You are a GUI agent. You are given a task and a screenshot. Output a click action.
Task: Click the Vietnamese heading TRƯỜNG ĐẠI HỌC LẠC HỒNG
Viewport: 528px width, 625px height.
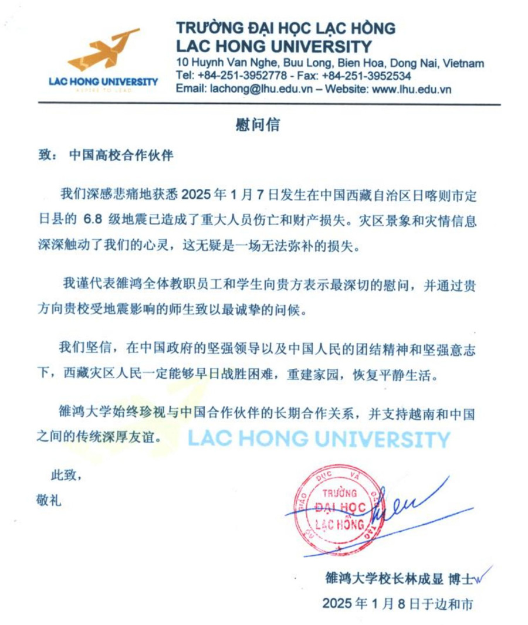point(286,28)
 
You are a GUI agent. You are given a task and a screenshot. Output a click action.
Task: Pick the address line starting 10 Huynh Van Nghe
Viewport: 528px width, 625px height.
point(330,63)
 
